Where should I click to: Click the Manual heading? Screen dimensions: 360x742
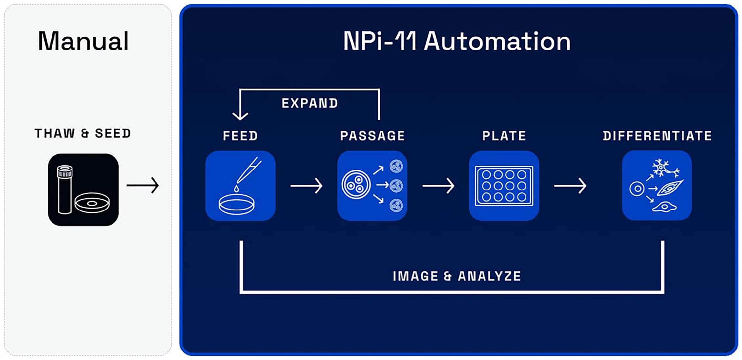tap(83, 41)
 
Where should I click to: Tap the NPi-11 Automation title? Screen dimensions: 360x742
tap(457, 41)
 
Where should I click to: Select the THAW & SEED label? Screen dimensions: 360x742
tap(83, 133)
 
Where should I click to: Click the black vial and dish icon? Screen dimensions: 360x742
tap(83, 190)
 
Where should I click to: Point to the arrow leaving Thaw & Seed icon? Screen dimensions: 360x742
tap(143, 185)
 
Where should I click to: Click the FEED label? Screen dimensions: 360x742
tap(240, 136)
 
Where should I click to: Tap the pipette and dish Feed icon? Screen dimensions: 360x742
tap(240, 186)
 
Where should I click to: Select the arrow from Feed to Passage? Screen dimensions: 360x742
tap(306, 186)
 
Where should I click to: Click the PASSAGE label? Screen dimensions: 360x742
tap(372, 136)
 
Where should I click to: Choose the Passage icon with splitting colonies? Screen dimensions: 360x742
tap(372, 186)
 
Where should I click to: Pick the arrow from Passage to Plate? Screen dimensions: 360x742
tap(438, 186)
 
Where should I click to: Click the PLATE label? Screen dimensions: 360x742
tap(504, 136)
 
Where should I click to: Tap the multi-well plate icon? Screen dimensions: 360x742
tap(504, 186)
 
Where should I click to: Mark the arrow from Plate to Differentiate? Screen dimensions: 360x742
tap(570, 186)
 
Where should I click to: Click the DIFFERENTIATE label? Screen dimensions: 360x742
tap(657, 136)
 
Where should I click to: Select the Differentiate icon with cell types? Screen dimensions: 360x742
tap(657, 186)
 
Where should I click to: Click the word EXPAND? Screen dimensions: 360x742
tap(310, 103)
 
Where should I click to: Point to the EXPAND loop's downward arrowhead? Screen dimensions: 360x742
tap(240, 116)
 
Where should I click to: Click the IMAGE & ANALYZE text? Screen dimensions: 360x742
tap(457, 276)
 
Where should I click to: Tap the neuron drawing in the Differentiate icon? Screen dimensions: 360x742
tap(665, 168)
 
